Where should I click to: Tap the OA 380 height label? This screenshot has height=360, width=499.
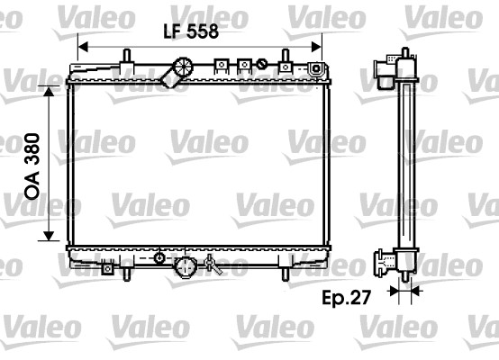click(32, 161)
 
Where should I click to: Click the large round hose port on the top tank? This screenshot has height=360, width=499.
click(184, 68)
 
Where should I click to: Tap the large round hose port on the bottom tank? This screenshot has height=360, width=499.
click(186, 267)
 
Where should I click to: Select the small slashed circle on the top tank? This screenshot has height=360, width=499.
click(262, 64)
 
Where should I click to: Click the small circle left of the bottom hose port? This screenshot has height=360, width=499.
click(160, 259)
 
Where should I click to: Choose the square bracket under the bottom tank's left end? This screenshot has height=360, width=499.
click(108, 266)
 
